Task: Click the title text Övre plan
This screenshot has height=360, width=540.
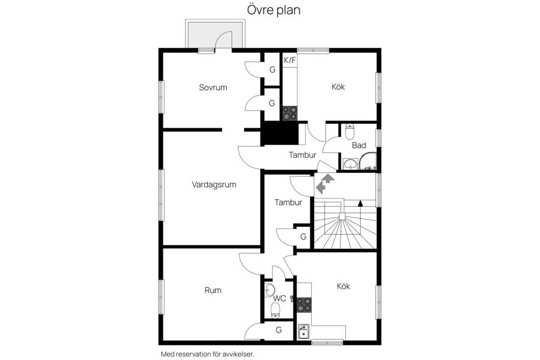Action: pos(274,10)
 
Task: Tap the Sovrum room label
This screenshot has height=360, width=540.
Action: pos(213,87)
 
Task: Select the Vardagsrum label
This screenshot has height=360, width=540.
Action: pos(213,184)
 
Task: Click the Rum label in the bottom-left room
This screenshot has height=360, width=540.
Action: pos(213,290)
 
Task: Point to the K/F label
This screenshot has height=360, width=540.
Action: pos(289,60)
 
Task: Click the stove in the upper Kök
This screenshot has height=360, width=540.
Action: pos(290,113)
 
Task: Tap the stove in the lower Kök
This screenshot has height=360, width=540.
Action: pos(304,305)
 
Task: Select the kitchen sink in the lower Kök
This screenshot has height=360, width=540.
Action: pos(304,331)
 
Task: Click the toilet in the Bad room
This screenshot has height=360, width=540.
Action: pos(349,132)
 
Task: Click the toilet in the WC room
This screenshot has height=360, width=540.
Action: pos(276,310)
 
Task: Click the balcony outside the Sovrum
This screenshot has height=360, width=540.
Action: pos(215,35)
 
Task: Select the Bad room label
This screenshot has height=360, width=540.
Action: pos(359,145)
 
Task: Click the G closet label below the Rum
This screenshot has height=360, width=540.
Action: pos(278,330)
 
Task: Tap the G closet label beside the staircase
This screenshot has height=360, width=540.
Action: pos(303,237)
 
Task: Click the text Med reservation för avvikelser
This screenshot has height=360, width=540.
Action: pos(207,354)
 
